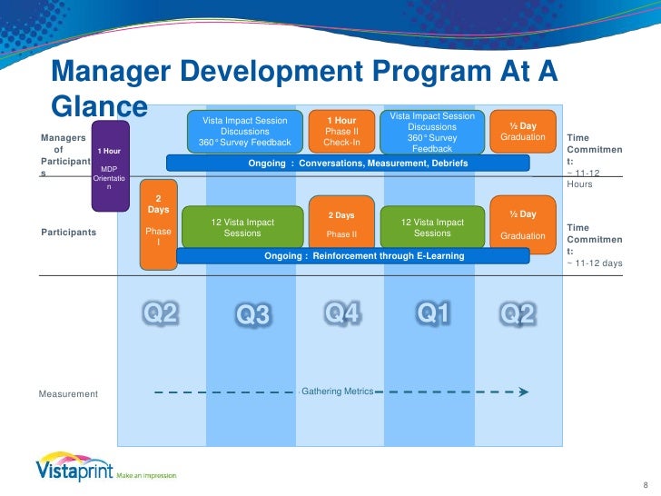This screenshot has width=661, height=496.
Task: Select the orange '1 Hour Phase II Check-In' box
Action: (x=341, y=131)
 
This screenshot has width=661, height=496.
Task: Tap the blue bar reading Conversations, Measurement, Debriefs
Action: (x=348, y=163)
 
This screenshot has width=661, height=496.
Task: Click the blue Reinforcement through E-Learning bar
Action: (x=363, y=256)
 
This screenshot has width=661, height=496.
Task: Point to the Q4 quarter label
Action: (x=343, y=313)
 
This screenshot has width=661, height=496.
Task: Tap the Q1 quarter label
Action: (x=433, y=313)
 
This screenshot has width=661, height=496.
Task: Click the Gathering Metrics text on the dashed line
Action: (x=337, y=391)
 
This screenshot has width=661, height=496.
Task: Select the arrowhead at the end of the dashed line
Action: (x=523, y=393)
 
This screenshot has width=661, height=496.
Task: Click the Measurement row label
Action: (x=68, y=394)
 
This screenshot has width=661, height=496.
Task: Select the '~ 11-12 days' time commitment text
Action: (x=595, y=263)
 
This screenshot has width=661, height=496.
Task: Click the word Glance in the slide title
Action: (x=99, y=107)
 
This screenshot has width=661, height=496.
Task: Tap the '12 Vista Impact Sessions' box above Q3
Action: (x=242, y=227)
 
